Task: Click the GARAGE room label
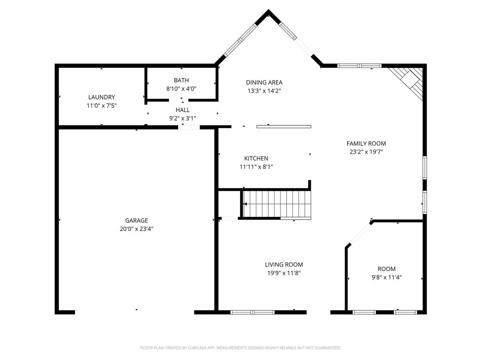tap(136, 221)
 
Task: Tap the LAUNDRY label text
tap(101, 97)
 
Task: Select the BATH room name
tap(181, 80)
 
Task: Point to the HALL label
tap(183, 110)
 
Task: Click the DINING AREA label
tap(264, 83)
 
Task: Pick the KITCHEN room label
tap(256, 159)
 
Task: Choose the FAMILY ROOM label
tap(366, 144)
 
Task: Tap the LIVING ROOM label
tap(284, 265)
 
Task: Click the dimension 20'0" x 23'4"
tap(136, 229)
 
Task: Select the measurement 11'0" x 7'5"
tap(101, 106)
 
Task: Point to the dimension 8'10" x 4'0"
tap(181, 89)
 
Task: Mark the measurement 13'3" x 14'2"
tap(264, 91)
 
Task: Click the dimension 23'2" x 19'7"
tap(366, 152)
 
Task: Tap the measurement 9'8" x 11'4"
tap(387, 277)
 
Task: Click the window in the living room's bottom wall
tap(252, 312)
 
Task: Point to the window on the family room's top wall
tap(360, 66)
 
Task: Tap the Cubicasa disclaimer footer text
tap(240, 348)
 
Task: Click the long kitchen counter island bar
tap(284, 126)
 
